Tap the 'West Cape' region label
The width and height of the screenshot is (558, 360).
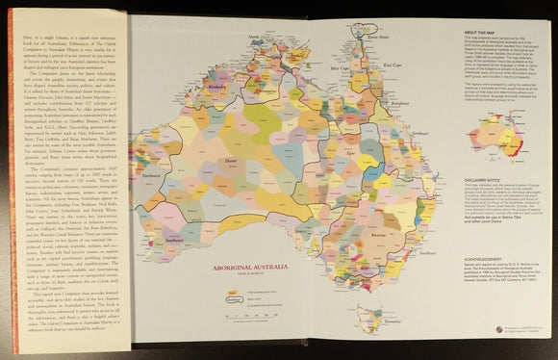pyautogui.click(x=337, y=70)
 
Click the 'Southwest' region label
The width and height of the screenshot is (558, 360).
pyautogui.click(x=152, y=239)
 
